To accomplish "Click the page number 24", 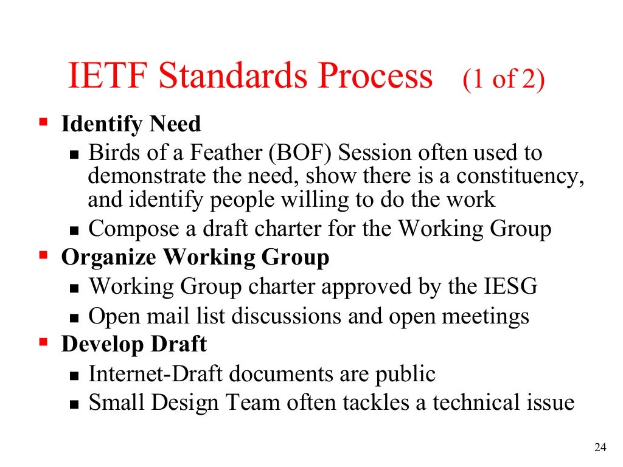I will tap(600, 448).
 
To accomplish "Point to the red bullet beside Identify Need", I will tap(43, 122).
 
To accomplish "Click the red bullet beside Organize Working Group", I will tap(43, 255).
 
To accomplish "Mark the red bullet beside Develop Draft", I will tap(43, 342).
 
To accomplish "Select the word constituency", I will tap(519, 176).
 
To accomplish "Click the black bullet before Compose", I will tap(75, 232).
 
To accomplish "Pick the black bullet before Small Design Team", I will tap(75, 404).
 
